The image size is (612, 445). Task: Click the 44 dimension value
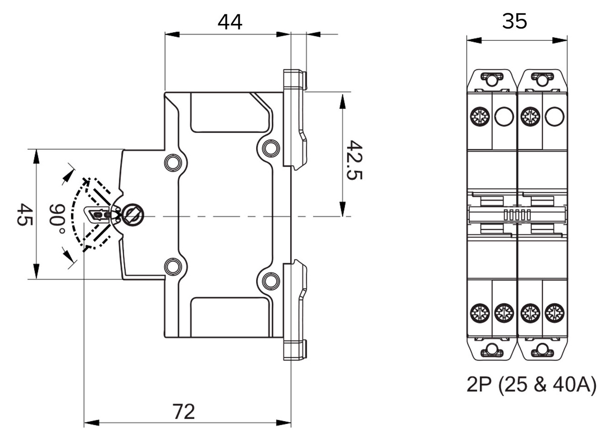pos(230,22)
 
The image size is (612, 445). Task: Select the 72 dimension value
pos(184,411)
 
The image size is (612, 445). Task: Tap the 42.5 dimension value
pos(354,160)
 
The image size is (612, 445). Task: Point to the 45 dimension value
pos(23,214)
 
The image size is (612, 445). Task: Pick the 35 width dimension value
pos(514,22)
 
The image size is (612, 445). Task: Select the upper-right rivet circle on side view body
pos(270,147)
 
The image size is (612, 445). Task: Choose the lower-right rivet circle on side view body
pos(270,280)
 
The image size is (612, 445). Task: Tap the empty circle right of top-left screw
pos(504,116)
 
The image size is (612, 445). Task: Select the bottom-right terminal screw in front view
pos(554,314)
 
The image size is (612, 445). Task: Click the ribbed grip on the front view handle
pos(517,214)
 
